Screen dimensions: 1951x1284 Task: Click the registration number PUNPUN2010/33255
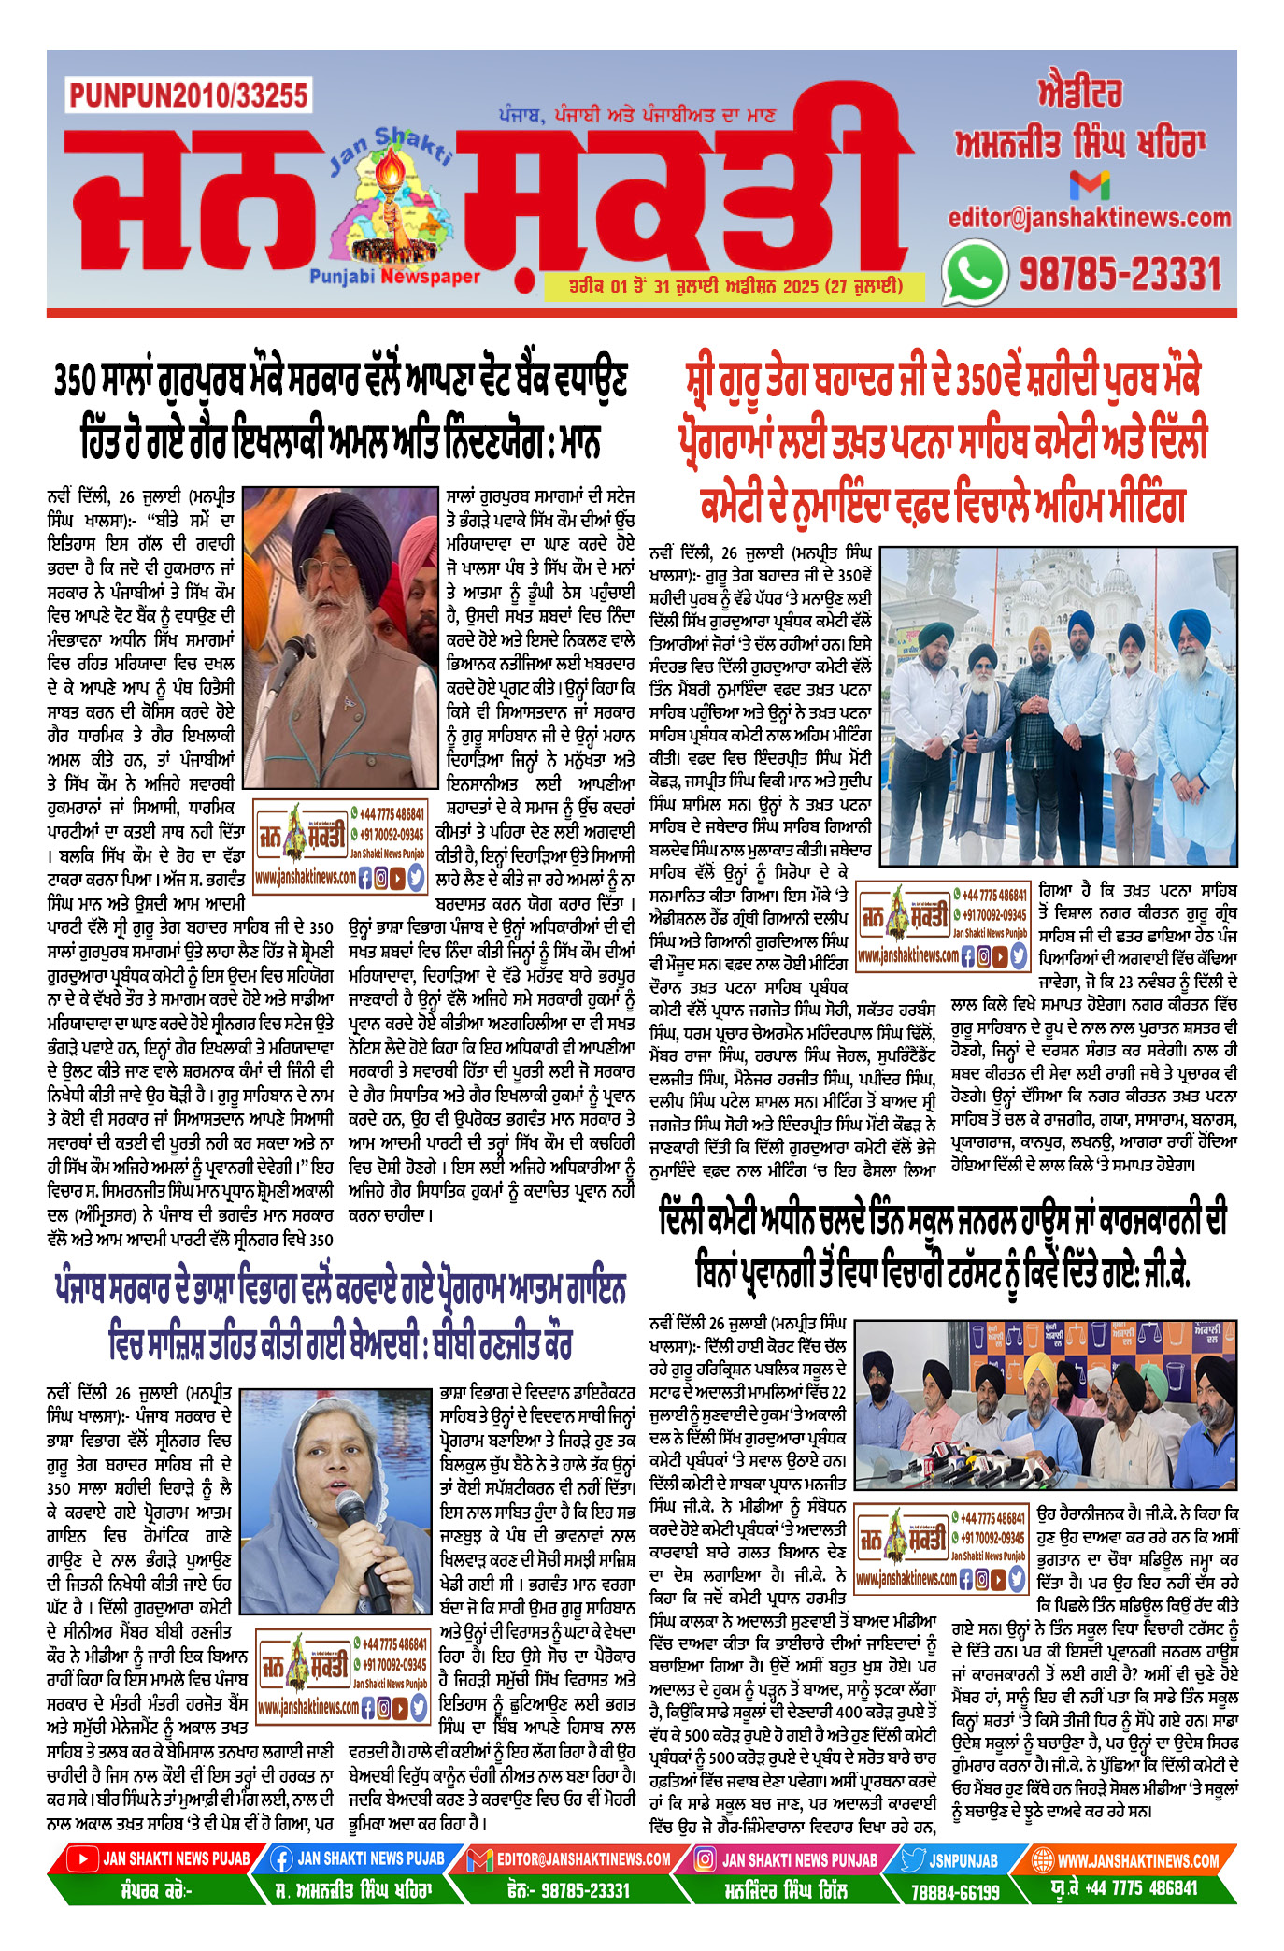coord(188,95)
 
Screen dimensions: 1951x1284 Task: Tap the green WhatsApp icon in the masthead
coord(974,273)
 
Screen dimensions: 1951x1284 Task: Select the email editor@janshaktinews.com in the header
coord(1090,218)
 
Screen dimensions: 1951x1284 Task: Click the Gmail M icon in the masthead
coord(1090,184)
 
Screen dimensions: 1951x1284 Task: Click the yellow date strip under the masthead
coord(735,286)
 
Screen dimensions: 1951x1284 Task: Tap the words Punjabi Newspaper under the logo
coord(395,277)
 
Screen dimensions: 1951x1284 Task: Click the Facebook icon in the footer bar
coord(281,1859)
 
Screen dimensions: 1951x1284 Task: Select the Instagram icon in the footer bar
coord(705,1859)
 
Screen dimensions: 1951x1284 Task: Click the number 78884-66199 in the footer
coord(955,1891)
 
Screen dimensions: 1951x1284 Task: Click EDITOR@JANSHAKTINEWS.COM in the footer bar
coord(583,1859)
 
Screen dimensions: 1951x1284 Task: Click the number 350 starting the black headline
coord(75,380)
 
